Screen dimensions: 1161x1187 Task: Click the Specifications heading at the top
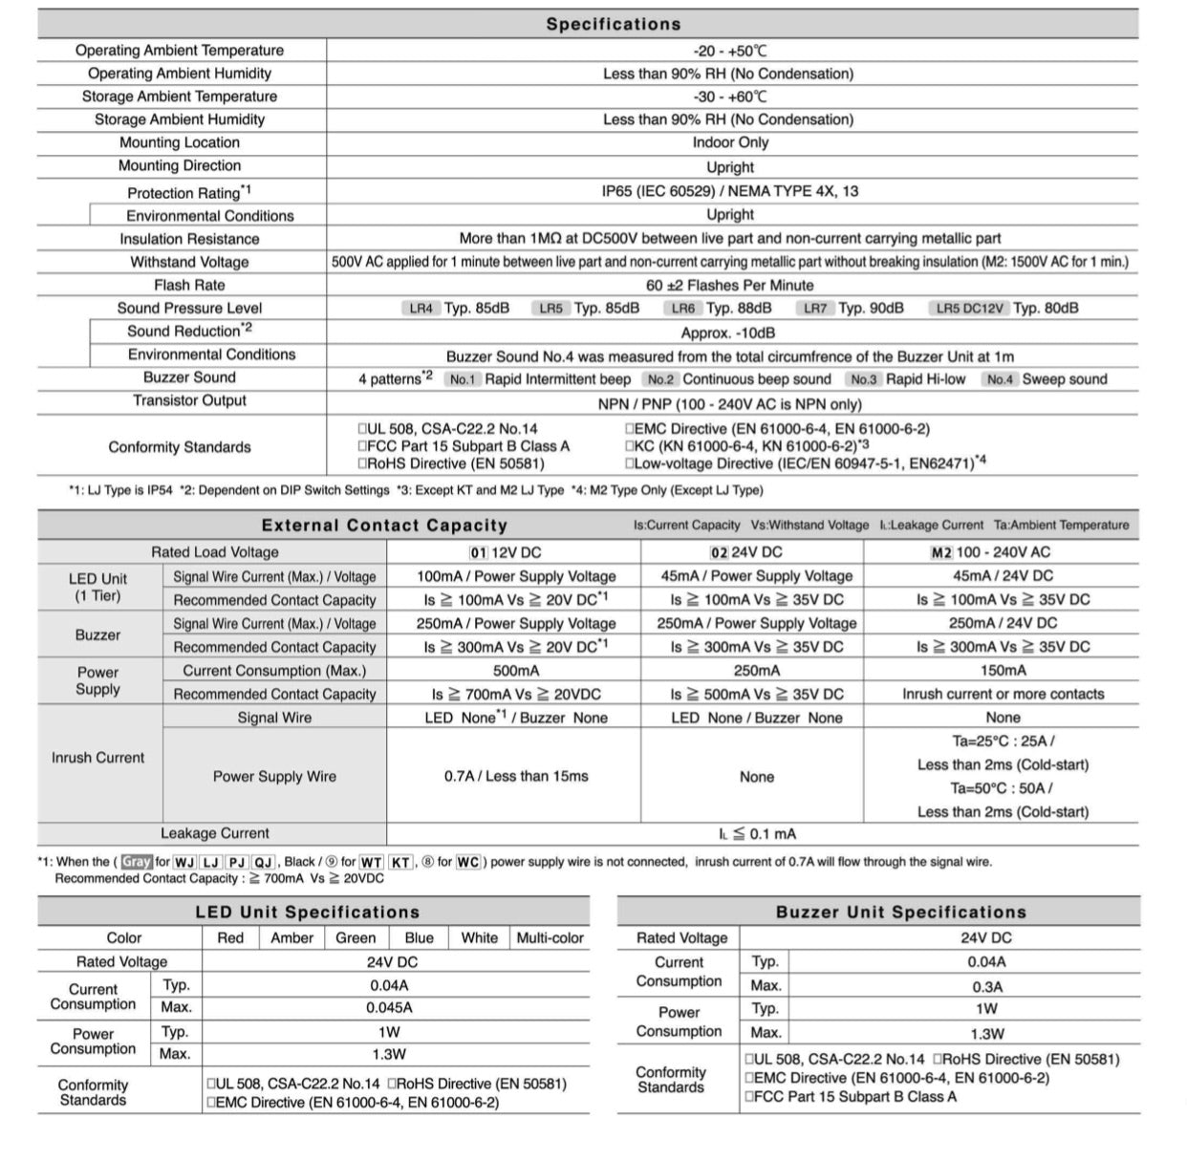[613, 24]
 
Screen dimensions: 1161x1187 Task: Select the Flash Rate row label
[189, 285]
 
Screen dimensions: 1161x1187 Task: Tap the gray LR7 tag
[815, 308]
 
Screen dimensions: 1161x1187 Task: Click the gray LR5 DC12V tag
[969, 308]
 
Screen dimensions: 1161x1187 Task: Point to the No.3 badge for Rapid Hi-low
[863, 379]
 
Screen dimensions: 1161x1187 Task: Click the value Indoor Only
[730, 142]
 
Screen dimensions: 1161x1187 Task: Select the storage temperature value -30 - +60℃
[730, 97]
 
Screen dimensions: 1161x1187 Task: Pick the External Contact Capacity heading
[384, 526]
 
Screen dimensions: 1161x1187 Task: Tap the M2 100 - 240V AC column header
[1003, 552]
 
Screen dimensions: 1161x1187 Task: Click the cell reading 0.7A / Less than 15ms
[515, 776]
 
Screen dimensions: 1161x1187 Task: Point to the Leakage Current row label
[214, 833]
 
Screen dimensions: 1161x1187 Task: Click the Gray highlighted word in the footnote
[136, 862]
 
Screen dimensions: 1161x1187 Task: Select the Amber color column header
[291, 938]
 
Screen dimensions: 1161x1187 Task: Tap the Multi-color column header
[550, 938]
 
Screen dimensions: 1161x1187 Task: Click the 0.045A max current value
[389, 1007]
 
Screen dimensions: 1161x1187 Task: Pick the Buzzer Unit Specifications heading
[900, 913]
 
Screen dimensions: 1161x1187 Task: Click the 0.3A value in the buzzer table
[986, 986]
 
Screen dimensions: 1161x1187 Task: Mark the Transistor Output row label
[189, 400]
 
